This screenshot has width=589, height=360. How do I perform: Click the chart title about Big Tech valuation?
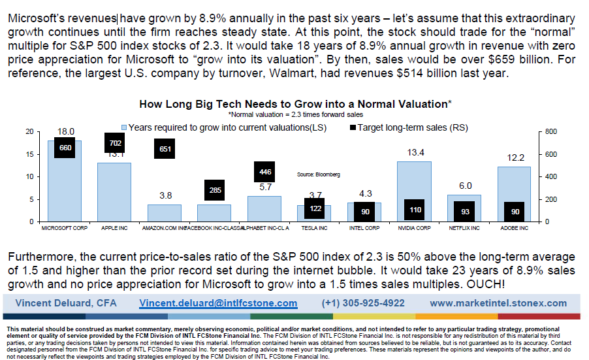295,104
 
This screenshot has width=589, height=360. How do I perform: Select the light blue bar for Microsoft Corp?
65,189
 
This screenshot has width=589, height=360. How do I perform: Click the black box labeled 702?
115,142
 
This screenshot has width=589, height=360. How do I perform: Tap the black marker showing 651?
165,148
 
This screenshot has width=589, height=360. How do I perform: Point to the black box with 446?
264,172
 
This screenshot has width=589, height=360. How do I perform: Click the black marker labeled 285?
214,190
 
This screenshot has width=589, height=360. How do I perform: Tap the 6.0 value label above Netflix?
464,186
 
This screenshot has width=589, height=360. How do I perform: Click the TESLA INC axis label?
314,229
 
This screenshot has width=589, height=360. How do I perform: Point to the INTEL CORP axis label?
364,229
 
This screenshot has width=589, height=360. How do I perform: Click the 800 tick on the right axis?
550,131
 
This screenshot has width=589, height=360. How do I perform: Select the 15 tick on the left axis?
29,154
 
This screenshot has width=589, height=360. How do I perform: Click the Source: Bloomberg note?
318,174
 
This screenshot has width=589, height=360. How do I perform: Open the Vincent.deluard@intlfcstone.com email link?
218,303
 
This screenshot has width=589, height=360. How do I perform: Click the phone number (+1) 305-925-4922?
362,303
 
